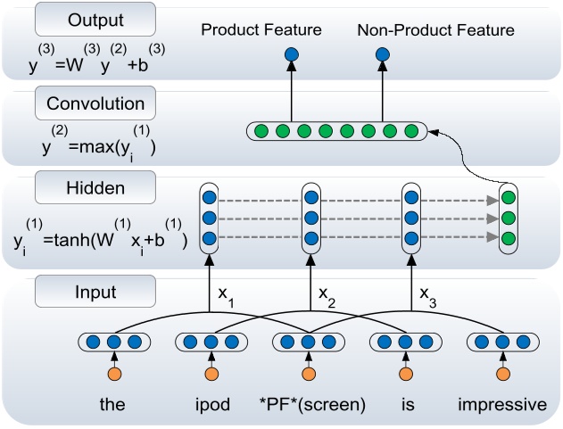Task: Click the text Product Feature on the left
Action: pos(261,30)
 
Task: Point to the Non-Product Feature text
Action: pos(435,30)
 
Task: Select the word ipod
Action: pos(211,405)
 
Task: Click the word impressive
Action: pos(502,405)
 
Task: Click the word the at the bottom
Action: pos(112,405)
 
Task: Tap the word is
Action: pos(408,405)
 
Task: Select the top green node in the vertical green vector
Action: pos(509,196)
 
